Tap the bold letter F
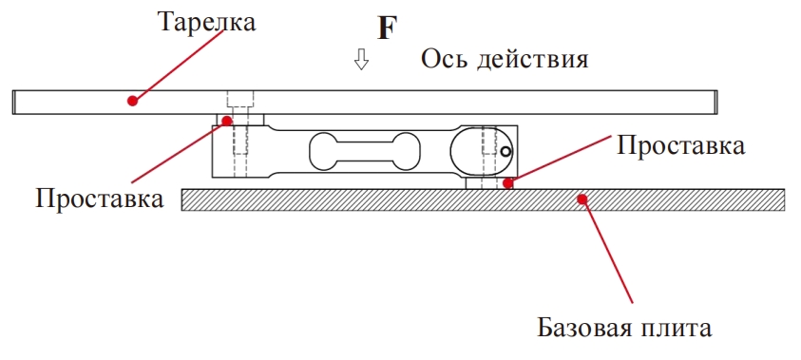pyautogui.click(x=386, y=28)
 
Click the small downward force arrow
pyautogui.click(x=360, y=62)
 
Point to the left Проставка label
pyautogui.click(x=100, y=200)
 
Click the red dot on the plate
pyautogui.click(x=133, y=100)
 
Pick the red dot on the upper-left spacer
pyautogui.click(x=226, y=121)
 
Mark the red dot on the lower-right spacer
pyautogui.click(x=509, y=183)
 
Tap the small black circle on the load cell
pyautogui.click(x=506, y=150)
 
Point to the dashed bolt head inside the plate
pyautogui.click(x=240, y=99)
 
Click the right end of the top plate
pyautogui.click(x=715, y=100)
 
